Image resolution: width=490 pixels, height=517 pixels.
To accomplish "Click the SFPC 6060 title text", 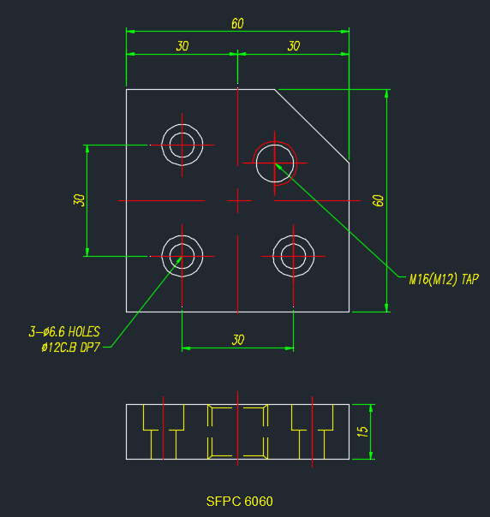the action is point(239,502).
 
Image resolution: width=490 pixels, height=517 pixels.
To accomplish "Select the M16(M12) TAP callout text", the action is point(444,280).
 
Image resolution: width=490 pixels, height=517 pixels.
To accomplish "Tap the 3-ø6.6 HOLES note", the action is point(64,332).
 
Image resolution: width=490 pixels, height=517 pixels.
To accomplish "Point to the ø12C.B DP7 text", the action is point(70,348).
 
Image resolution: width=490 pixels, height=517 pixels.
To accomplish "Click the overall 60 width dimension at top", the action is point(237,24).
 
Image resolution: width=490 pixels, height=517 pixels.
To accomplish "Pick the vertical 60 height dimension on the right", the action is point(378,200).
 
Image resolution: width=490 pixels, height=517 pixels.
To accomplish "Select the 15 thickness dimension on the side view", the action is point(362,431).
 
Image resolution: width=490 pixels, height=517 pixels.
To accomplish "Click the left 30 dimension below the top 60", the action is point(182,46).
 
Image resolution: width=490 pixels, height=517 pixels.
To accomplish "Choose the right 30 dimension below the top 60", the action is point(293,46).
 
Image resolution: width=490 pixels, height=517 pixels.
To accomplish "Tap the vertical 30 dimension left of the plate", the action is point(79,200).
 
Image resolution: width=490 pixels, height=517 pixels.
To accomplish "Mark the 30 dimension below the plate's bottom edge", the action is point(238,340).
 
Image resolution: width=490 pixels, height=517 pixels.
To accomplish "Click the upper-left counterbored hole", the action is point(182,124).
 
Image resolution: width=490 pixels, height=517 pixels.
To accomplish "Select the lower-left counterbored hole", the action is point(182,235).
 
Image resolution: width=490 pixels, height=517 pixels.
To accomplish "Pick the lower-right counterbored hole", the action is point(293,235).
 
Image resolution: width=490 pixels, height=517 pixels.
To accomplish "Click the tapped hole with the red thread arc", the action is point(275,145).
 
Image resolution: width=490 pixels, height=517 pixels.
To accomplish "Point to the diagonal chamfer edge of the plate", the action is point(312,126).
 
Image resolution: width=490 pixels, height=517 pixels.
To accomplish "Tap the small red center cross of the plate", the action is point(238,200).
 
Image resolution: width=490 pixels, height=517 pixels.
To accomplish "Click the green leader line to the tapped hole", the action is point(337,220).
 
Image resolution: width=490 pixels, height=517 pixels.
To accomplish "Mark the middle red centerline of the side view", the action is point(238,428).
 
